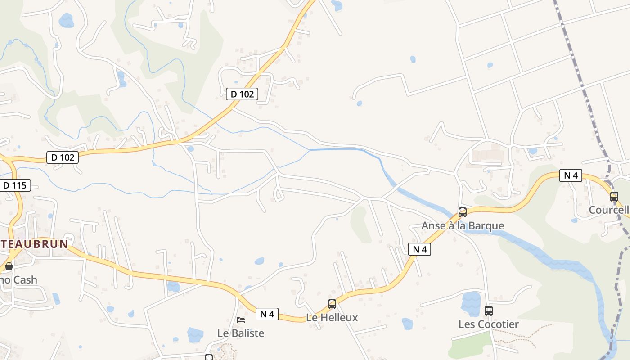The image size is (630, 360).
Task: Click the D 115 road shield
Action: point(15,185)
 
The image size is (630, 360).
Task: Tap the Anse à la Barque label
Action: point(463,225)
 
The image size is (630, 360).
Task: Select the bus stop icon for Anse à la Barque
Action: point(462,212)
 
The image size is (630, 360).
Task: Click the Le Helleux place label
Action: point(332,317)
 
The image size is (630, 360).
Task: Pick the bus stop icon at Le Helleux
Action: point(332,304)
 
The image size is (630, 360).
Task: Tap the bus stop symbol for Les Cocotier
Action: point(489,310)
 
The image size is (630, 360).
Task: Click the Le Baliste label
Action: point(240,333)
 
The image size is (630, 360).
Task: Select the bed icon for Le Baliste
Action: point(241,320)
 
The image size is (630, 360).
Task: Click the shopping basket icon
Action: point(9,267)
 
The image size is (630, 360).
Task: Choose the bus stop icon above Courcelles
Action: point(614,196)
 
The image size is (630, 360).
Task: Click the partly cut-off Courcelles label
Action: point(609,210)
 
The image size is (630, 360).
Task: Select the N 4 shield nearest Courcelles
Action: point(571,175)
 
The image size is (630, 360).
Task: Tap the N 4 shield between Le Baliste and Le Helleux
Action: point(267,314)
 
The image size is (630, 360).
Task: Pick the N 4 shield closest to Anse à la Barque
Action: point(419,249)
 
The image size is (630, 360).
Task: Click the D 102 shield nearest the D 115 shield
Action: point(63,157)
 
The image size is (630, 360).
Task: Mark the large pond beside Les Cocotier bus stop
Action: point(471,304)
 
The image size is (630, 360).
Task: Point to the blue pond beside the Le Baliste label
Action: point(195,334)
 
